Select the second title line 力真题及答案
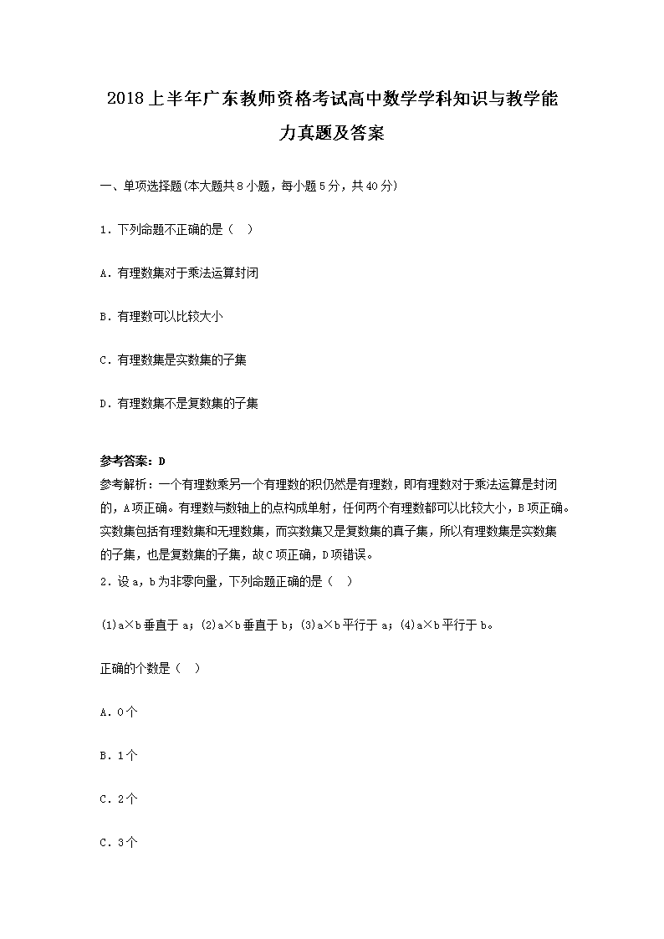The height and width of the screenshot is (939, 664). [x=332, y=132]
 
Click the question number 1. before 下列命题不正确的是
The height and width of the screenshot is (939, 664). [x=105, y=229]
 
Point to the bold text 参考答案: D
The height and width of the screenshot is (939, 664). [x=133, y=461]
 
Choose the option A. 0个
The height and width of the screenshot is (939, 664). [x=119, y=712]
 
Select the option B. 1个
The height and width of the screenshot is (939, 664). [x=119, y=755]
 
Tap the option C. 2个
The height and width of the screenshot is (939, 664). [x=119, y=799]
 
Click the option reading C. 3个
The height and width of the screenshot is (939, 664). [x=119, y=842]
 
